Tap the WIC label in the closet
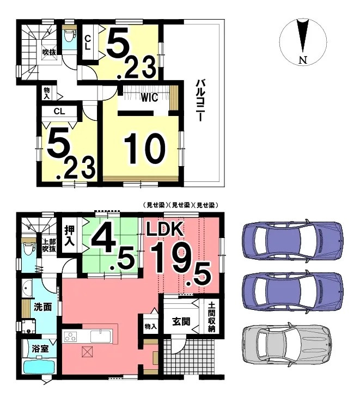click(148, 98)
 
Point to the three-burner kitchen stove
click(71, 336)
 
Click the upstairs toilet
click(69, 36)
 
